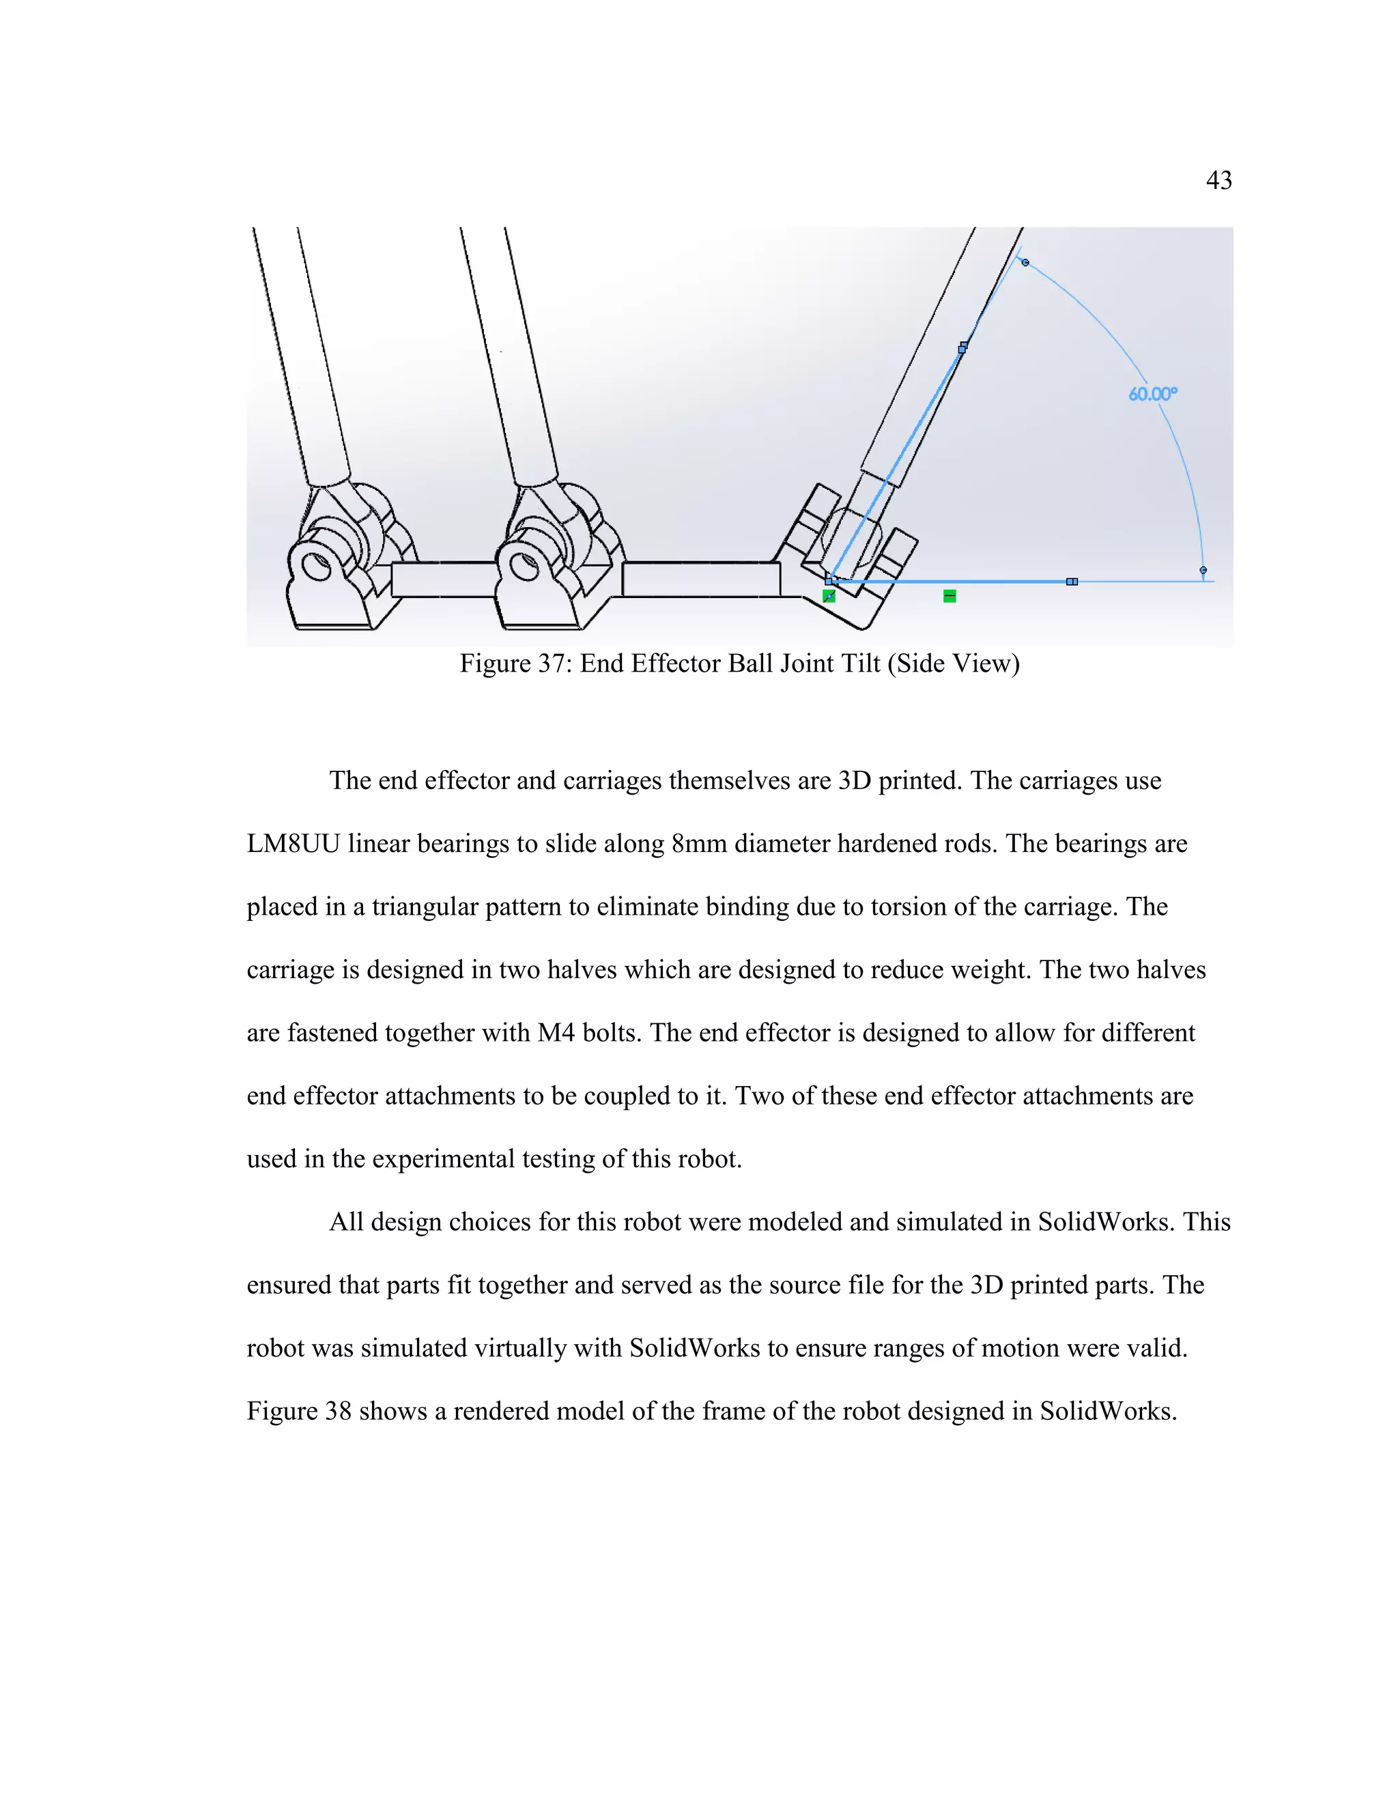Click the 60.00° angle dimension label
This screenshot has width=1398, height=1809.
tap(1152, 395)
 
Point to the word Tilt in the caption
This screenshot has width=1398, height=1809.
tap(861, 664)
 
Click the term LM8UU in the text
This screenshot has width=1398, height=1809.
tap(293, 844)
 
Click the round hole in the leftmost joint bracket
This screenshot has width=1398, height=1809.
tap(315, 567)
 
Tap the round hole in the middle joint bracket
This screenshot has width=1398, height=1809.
tap(523, 567)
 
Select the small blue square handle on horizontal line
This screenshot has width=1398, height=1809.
tap(1072, 582)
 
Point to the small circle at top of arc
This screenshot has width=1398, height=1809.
tap(1025, 263)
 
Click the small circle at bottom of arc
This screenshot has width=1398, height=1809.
tap(1203, 570)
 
